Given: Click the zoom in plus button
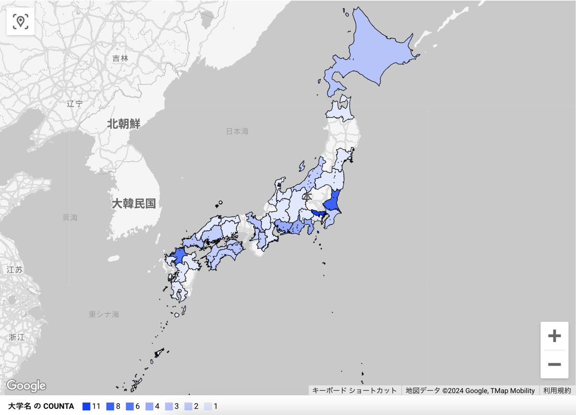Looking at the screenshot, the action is (x=554, y=336).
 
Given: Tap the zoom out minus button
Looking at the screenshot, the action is (x=554, y=365).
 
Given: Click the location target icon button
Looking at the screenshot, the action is (x=21, y=21).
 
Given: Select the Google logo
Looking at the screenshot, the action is (x=26, y=386).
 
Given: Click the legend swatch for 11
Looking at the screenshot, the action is (x=86, y=406).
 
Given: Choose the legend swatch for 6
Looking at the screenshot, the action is (x=131, y=406).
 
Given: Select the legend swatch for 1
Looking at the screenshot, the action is (x=208, y=406).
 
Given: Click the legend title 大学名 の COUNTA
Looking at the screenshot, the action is (x=41, y=406).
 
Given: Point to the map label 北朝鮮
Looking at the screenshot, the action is (x=123, y=124).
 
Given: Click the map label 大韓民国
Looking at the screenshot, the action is (x=134, y=203).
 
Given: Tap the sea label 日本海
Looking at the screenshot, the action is (x=238, y=131).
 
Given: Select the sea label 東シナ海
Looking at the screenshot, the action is (x=104, y=315).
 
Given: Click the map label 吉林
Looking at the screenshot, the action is (x=120, y=59).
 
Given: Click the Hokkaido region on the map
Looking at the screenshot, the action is (x=374, y=53).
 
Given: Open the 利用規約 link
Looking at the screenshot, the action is (x=557, y=390).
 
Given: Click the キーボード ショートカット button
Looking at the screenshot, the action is (x=355, y=390).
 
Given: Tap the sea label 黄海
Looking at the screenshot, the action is (x=70, y=217).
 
